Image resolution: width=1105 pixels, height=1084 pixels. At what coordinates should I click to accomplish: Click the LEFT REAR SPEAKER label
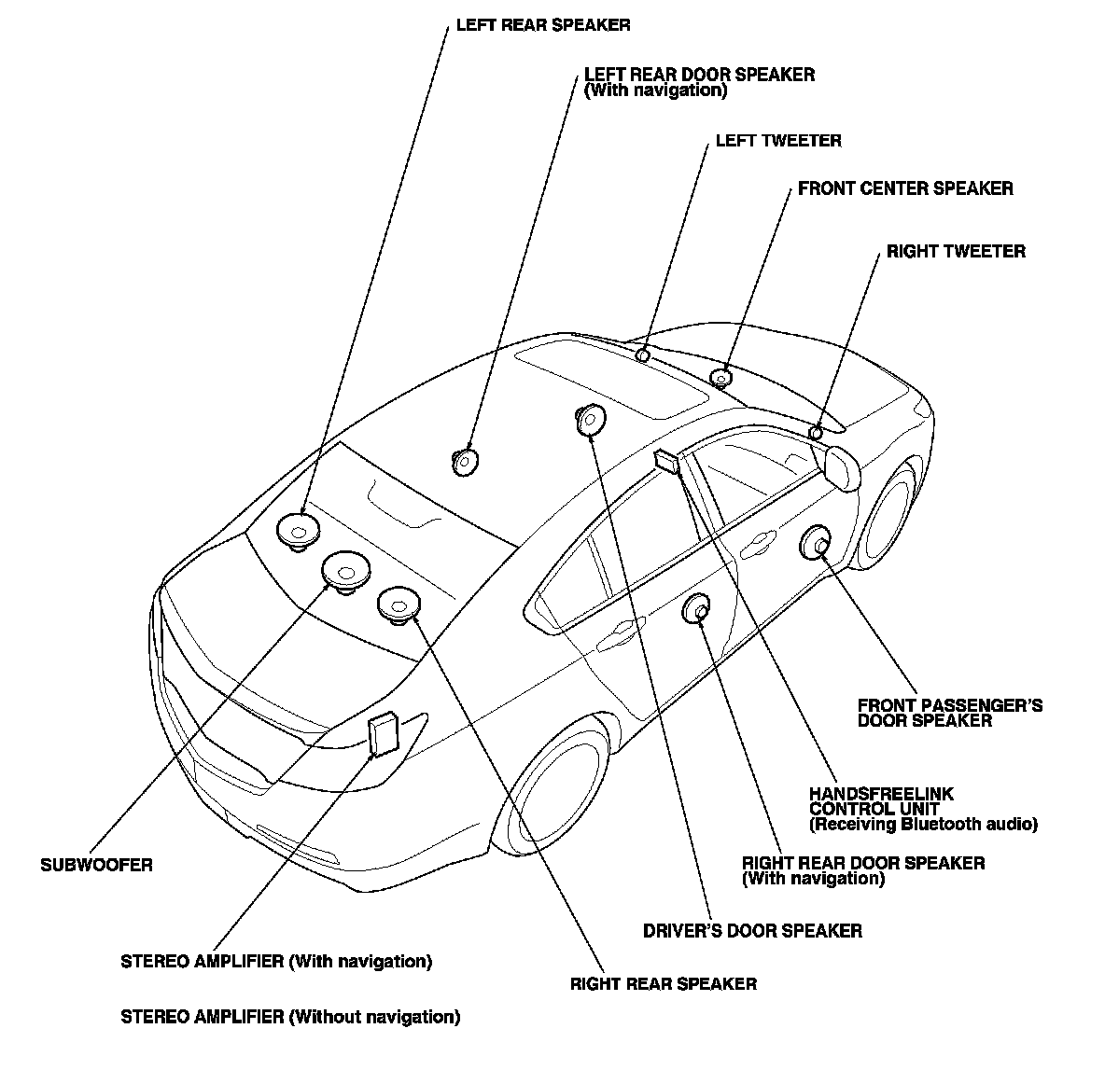542,25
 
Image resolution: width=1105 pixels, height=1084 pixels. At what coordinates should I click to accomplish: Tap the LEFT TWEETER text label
777,141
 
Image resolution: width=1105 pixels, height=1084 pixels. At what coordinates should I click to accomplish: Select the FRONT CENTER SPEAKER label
904,188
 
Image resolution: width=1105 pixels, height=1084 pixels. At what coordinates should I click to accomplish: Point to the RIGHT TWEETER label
955,251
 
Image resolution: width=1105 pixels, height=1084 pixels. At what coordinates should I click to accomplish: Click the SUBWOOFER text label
96,865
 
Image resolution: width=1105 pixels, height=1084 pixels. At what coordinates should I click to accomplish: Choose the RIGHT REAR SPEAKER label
663,983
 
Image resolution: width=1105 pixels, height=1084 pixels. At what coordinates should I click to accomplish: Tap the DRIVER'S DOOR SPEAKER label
752,930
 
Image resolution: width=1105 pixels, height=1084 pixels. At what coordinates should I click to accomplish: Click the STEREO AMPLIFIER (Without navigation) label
290,1017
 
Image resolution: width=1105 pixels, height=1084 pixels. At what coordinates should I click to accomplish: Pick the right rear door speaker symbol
698,609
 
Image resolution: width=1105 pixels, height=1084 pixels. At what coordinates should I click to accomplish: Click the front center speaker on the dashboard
720,378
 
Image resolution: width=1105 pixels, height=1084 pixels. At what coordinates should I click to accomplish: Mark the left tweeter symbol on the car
642,354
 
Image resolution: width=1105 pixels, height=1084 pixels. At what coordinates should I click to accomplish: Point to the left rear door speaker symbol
465,460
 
